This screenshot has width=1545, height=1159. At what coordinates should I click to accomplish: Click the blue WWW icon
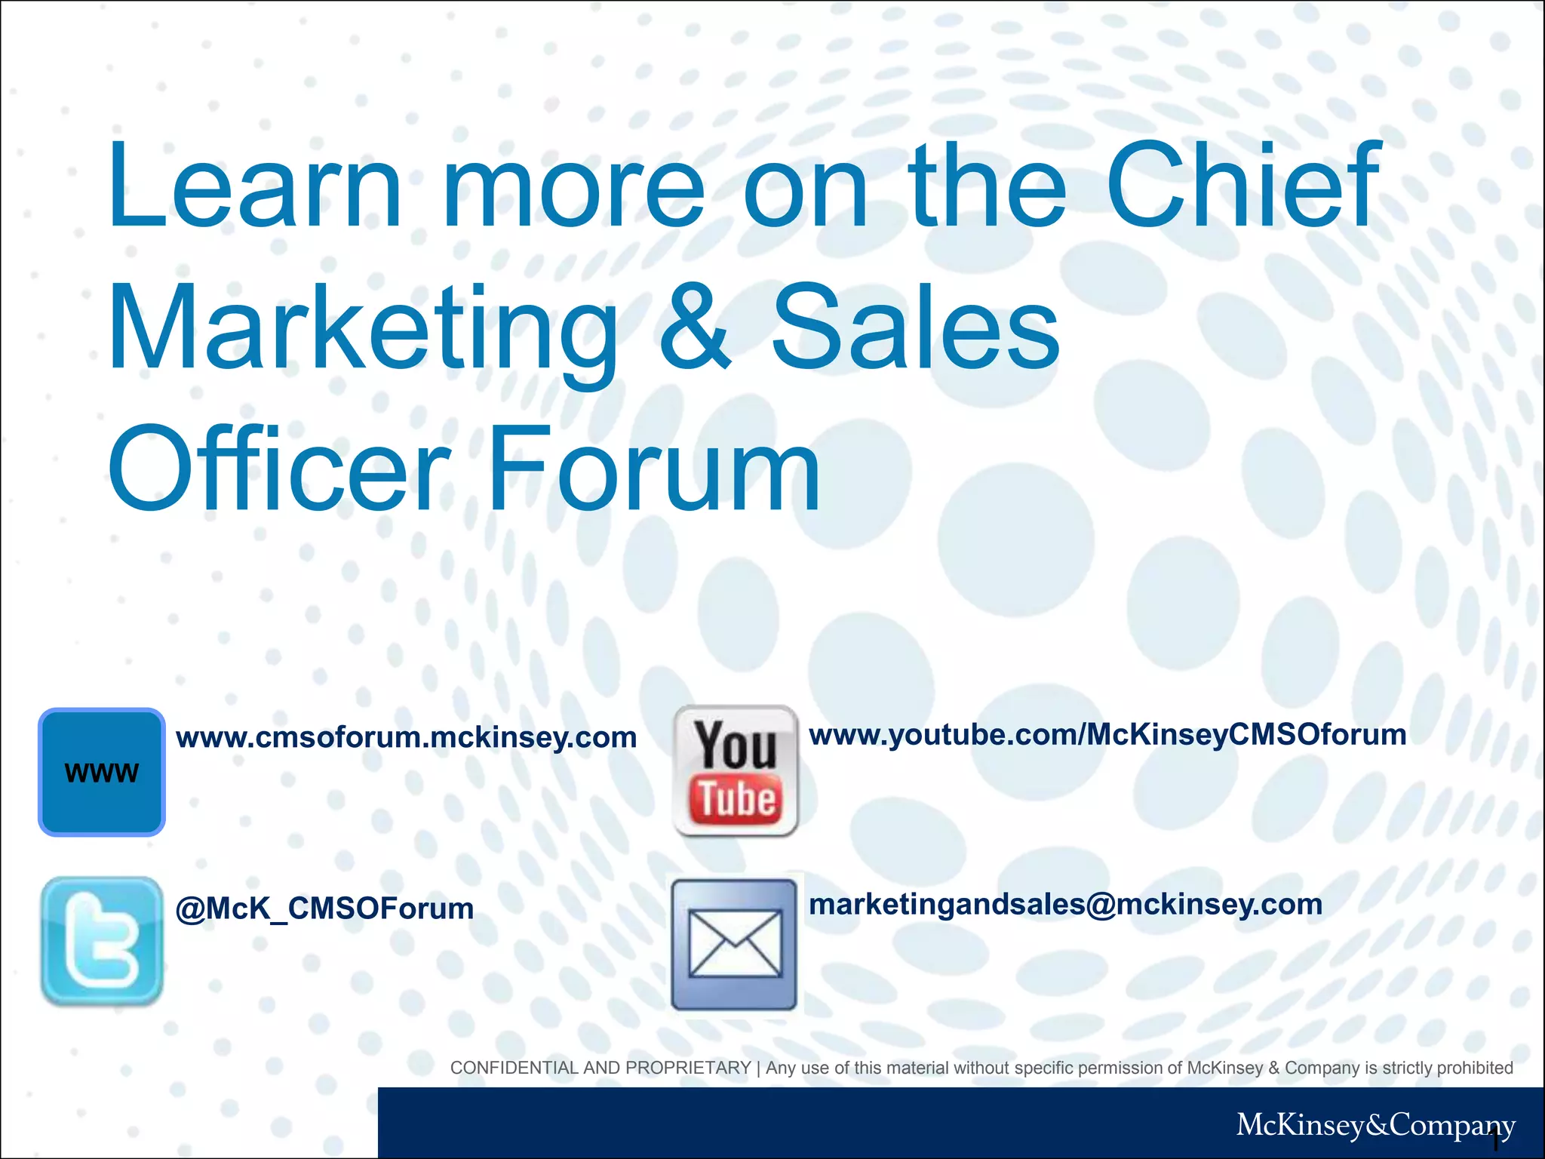(x=102, y=772)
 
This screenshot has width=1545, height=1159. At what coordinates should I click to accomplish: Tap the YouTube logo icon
(x=736, y=770)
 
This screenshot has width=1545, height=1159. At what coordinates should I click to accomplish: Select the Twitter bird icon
(x=102, y=940)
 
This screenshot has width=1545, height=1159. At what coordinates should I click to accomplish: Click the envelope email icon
(x=734, y=945)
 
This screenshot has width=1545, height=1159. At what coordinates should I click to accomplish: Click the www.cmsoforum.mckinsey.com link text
(x=406, y=737)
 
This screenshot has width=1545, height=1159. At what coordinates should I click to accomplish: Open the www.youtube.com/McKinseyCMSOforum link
(x=1107, y=734)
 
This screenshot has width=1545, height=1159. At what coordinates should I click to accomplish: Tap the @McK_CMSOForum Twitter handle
(x=324, y=908)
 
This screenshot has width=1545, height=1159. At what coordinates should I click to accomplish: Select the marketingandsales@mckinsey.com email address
(x=1065, y=904)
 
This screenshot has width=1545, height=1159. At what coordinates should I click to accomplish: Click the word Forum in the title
(x=655, y=469)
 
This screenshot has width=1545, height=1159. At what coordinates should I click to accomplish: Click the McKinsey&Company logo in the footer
(x=1375, y=1125)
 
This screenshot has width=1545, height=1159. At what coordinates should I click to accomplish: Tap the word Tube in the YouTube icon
(x=736, y=799)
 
